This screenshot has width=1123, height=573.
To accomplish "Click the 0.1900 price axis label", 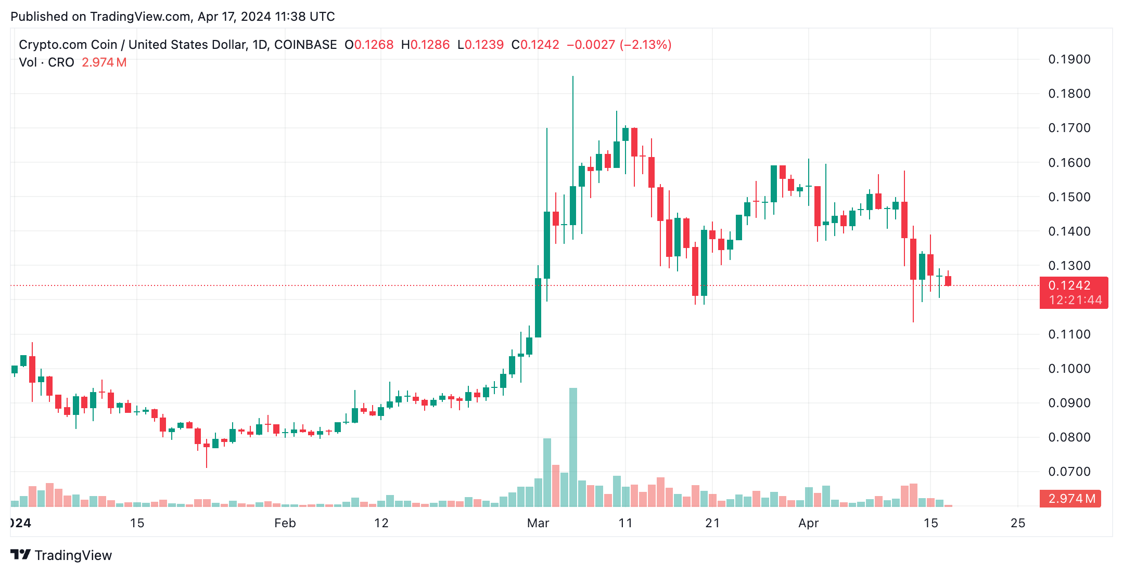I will (1069, 59).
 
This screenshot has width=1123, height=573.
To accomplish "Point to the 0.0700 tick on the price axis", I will (1069, 472).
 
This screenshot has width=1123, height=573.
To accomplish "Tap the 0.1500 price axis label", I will (1069, 197).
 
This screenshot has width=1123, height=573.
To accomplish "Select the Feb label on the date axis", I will (285, 523).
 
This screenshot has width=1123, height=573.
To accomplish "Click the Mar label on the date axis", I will (538, 523).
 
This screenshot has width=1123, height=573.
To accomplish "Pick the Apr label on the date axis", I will (808, 523).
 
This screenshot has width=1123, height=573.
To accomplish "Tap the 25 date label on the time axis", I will (1017, 523).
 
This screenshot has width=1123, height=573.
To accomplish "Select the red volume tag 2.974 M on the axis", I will (1070, 499).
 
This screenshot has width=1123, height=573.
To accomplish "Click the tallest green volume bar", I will (573, 447).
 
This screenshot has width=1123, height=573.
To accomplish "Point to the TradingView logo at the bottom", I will (61, 555).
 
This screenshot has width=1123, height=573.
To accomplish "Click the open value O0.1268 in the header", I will (369, 45).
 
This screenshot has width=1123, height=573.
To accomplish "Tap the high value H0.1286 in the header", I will (425, 45).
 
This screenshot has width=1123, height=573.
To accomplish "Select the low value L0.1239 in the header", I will (480, 45).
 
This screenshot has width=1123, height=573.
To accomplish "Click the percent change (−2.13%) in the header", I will (645, 45).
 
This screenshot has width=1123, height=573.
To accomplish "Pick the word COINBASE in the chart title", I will (305, 45).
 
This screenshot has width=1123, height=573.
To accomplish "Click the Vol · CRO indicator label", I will (46, 62).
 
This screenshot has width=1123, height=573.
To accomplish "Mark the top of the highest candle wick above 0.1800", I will (573, 77).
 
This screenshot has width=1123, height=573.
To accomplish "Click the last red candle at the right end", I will (948, 281).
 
